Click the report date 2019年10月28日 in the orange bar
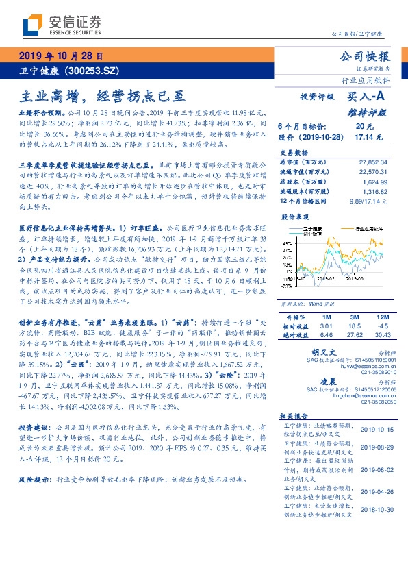[x=60, y=56]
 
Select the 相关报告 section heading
[x=295, y=416]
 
